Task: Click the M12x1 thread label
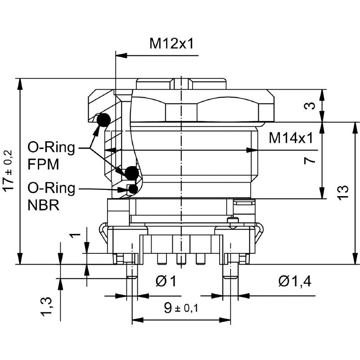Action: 172,44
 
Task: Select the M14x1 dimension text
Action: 291,138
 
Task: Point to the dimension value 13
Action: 343,193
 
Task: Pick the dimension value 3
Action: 309,106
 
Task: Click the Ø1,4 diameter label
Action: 295,282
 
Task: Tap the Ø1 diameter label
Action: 166,282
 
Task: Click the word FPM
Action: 43,164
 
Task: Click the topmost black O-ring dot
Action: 103,119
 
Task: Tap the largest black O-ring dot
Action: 131,172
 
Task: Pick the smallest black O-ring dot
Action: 133,189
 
